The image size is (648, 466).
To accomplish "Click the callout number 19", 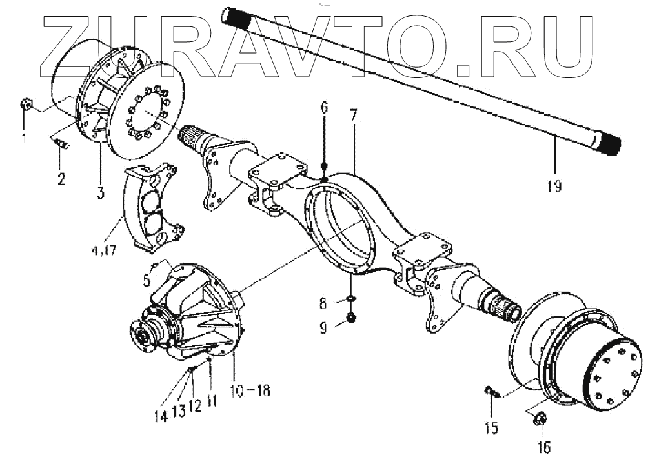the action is [553, 187].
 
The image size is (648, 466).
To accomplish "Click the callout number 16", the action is [542, 445].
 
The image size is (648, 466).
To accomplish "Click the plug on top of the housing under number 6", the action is [325, 166].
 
